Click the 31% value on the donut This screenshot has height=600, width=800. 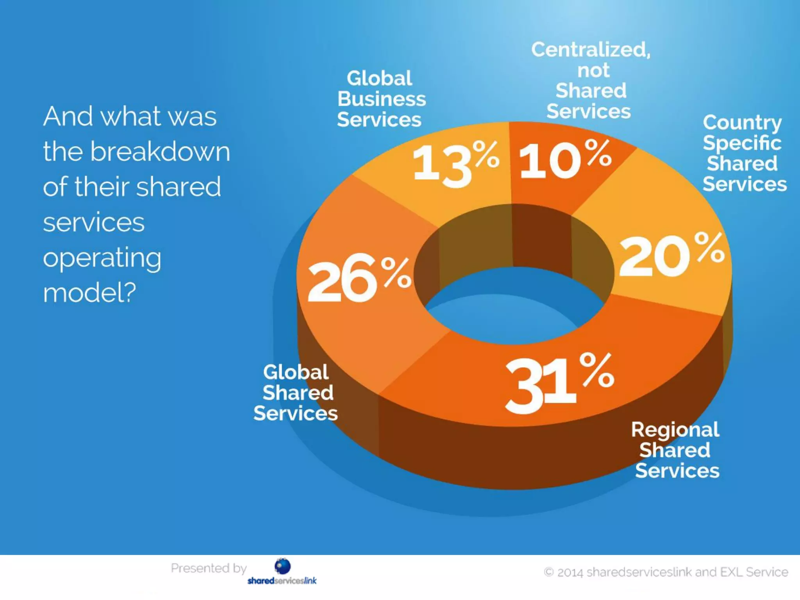559,383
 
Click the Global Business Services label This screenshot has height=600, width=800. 381,99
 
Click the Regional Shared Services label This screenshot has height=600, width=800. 676,450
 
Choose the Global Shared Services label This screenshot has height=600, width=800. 296,393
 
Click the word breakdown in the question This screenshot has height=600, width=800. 160,152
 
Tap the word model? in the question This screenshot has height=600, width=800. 89,293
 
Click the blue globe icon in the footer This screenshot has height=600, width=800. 282,566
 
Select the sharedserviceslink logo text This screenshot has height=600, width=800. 282,581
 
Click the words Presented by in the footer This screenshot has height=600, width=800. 209,568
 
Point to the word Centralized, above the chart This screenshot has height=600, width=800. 590,50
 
